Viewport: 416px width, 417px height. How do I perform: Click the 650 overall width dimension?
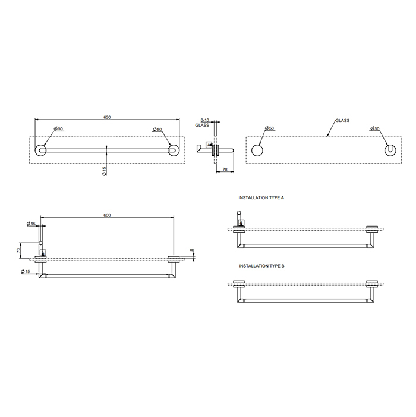click(x=107, y=117)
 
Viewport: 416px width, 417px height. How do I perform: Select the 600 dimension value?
click(x=107, y=215)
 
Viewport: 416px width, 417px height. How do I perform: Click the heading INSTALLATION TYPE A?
click(x=261, y=196)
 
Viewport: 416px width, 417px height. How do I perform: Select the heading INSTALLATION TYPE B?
click(x=261, y=266)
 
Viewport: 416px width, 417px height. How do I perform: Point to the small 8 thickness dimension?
click(x=191, y=251)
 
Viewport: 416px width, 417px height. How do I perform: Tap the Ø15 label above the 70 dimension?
click(x=31, y=224)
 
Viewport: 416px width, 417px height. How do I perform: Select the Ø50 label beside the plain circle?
click(x=269, y=128)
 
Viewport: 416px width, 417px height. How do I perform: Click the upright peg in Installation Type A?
click(x=240, y=218)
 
